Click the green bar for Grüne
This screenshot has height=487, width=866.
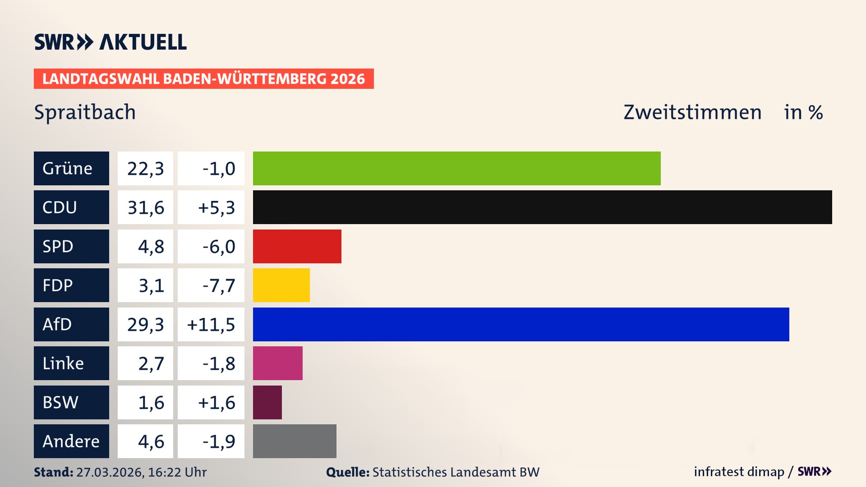coord(456,168)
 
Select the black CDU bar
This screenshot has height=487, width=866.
coord(542,207)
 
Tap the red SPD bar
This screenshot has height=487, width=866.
coord(297,246)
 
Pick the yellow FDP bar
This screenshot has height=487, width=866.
coord(281,285)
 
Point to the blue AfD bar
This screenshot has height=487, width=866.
coord(521,324)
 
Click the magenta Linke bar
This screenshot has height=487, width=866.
coord(277,363)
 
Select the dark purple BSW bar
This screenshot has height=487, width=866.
coord(267,402)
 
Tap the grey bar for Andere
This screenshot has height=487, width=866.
coord(294,441)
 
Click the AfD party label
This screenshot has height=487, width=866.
coord(71,324)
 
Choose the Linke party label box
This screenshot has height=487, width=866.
coord(71,363)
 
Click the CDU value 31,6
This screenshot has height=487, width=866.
coord(145,207)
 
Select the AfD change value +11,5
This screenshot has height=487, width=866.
coord(211,324)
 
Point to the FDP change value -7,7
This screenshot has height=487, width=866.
coord(218,285)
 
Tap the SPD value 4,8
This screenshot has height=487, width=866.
coord(151,246)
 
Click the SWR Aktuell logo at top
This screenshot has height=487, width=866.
coord(110,42)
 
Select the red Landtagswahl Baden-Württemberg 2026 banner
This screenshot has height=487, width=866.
coord(203,78)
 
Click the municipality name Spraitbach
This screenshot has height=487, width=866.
coord(85,112)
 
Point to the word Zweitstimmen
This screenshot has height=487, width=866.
coord(692,112)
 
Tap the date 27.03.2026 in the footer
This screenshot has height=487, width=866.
coord(110,472)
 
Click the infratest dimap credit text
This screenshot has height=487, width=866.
coord(739,472)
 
